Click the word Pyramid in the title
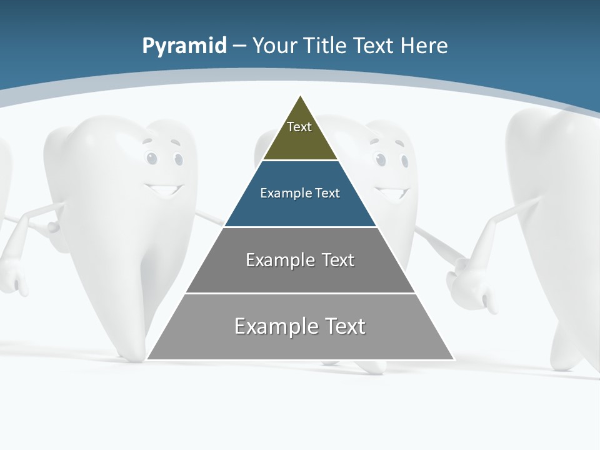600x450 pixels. point(184,46)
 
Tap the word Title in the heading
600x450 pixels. point(325,46)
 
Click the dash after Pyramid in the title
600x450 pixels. point(240,46)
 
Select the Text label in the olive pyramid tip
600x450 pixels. point(299,127)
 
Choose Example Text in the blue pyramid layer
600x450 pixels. point(300,193)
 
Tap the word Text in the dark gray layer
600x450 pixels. point(337,260)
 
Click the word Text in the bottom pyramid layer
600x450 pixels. point(344,326)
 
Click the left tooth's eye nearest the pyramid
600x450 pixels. point(179,159)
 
